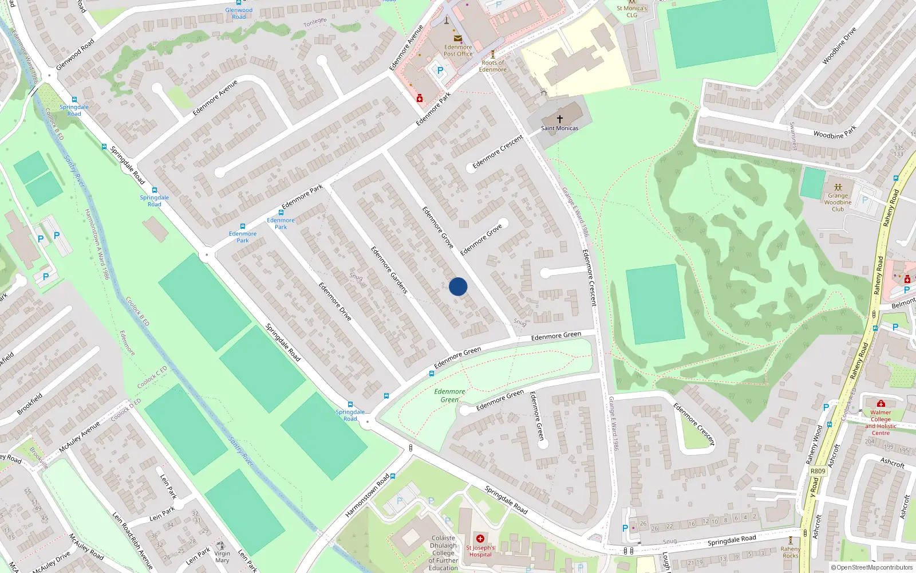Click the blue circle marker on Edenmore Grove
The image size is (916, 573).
pyautogui.click(x=458, y=286)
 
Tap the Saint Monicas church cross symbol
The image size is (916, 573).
pyautogui.click(x=559, y=119)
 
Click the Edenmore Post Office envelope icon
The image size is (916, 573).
pyautogui.click(x=457, y=38)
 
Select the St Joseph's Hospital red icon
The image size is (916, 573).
pyautogui.click(x=480, y=539)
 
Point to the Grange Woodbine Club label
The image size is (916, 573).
pyautogui.click(x=838, y=202)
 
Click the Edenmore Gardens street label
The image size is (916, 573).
pyautogui.click(x=389, y=270)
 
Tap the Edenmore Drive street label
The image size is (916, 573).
pyautogui.click(x=335, y=301)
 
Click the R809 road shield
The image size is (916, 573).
pyautogui.click(x=818, y=471)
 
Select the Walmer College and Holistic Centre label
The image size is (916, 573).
pyautogui.click(x=881, y=422)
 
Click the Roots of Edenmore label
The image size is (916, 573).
pyautogui.click(x=492, y=66)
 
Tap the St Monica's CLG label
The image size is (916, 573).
pyautogui.click(x=631, y=11)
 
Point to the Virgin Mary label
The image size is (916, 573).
pyautogui.click(x=222, y=556)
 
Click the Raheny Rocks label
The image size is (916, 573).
pyautogui.click(x=790, y=552)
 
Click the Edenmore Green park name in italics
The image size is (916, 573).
pyautogui.click(x=449, y=395)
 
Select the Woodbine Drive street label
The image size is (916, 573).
pyautogui.click(x=839, y=46)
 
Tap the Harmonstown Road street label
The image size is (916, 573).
pyautogui.click(x=367, y=496)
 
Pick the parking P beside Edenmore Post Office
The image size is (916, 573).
pyautogui.click(x=440, y=70)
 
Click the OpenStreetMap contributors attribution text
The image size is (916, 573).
pyautogui.click(x=872, y=567)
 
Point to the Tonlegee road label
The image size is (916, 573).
pyautogui.click(x=315, y=22)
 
